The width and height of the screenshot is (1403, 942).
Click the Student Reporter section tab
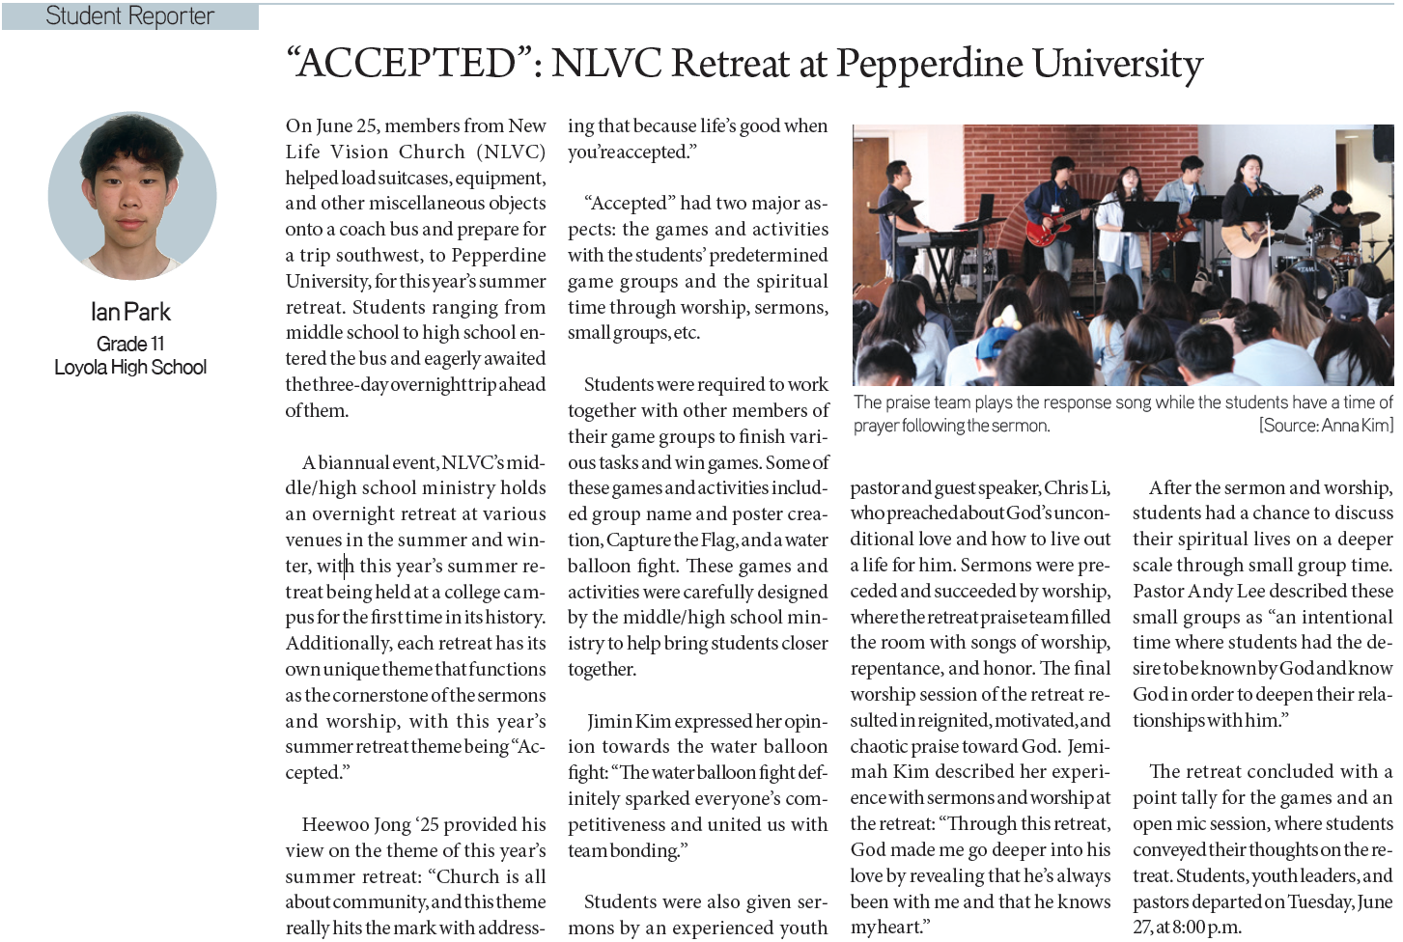pos(129,16)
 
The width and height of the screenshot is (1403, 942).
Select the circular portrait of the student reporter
pos(132,196)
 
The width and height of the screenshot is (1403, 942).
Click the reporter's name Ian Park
pos(130,312)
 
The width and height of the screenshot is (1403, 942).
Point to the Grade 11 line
pos(130,344)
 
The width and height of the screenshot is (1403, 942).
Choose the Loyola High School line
pos(130,367)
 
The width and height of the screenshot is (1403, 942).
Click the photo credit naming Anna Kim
pos(1325,426)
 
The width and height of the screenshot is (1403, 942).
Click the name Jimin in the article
pos(608,721)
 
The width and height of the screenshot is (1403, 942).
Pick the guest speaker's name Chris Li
pos(1077,487)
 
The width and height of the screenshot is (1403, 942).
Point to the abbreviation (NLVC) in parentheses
pos(511,152)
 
